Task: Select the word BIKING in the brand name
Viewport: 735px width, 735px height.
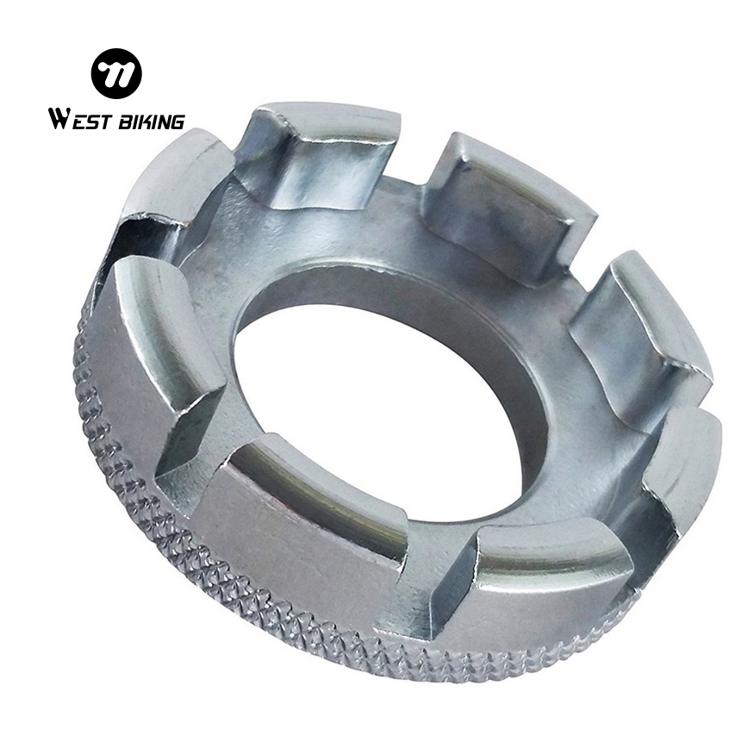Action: [151, 121]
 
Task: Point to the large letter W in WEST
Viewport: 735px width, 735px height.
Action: [60, 119]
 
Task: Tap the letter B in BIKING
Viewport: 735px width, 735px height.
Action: [125, 121]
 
